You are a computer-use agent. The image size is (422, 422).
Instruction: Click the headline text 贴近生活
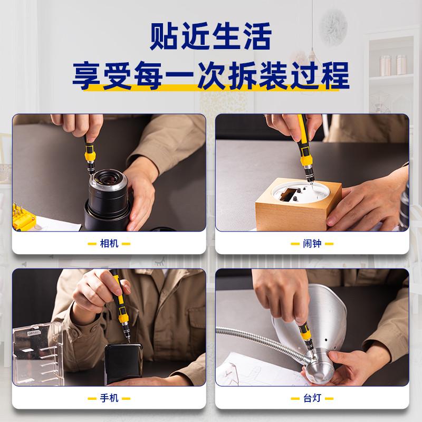pyautogui.click(x=210, y=36)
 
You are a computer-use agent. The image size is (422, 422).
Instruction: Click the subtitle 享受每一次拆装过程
pyautogui.click(x=210, y=75)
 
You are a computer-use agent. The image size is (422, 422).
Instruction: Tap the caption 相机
pyautogui.click(x=109, y=244)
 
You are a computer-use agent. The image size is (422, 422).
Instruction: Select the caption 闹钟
pyautogui.click(x=312, y=244)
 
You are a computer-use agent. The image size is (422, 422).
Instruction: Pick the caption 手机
pyautogui.click(x=109, y=398)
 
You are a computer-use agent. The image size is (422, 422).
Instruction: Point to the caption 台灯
pyautogui.click(x=312, y=398)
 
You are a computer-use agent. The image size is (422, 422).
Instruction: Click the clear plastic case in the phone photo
pyautogui.click(x=38, y=353)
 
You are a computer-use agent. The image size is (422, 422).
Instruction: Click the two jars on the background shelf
pyautogui.click(x=393, y=65)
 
